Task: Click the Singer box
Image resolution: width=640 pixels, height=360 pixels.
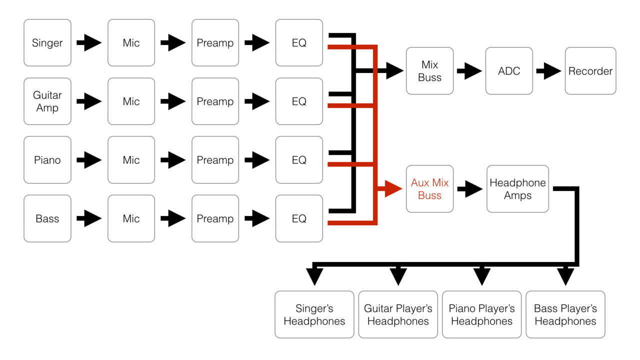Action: tap(47, 43)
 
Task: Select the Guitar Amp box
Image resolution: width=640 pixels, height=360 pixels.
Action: tap(47, 101)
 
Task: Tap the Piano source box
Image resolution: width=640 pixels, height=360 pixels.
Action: tap(47, 160)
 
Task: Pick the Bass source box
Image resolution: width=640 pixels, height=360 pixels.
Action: tap(47, 218)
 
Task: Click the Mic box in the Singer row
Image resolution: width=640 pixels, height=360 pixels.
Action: tap(131, 43)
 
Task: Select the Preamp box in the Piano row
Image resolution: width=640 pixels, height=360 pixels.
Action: tap(215, 160)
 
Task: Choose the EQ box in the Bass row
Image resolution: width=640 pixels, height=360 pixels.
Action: tap(299, 218)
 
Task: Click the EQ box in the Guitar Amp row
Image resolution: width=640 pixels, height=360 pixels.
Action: tap(299, 101)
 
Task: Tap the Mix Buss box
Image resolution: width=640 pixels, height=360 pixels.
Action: tap(429, 71)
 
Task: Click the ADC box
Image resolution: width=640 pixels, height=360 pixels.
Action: tap(509, 71)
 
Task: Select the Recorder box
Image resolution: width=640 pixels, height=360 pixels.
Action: tap(590, 71)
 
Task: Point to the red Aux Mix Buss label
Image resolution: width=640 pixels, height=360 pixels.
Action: tap(429, 189)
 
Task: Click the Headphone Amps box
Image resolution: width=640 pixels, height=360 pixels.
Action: tap(517, 189)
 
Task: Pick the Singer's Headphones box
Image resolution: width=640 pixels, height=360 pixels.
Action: tap(314, 314)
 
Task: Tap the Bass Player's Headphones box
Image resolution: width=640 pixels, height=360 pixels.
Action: tap(565, 314)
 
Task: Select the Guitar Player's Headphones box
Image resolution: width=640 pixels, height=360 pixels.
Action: tap(398, 314)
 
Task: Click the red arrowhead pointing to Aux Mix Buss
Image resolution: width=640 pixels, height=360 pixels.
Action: tap(393, 188)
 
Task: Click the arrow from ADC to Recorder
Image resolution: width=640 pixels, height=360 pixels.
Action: tap(549, 71)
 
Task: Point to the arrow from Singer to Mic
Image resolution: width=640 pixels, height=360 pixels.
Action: tap(89, 43)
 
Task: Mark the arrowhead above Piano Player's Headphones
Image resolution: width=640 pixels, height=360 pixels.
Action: tap(481, 276)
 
